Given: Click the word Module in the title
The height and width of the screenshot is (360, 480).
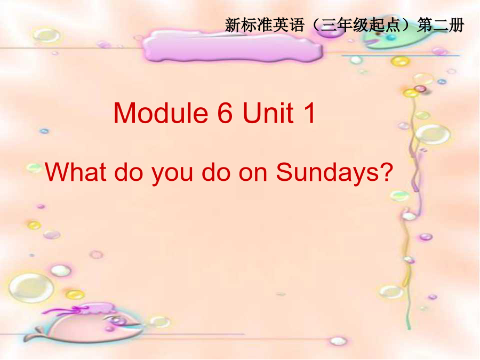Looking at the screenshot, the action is point(161,113).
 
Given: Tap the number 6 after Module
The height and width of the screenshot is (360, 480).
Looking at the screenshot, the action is point(225,113).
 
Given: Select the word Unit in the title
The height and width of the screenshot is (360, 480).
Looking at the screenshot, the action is point(268,113).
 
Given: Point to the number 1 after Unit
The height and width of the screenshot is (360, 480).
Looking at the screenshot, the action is point(309,113).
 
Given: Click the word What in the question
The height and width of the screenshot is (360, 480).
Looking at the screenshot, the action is point(76,172).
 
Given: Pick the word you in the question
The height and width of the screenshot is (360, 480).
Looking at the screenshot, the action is point(172,174).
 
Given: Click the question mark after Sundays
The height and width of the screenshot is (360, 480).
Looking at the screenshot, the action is point(387,171).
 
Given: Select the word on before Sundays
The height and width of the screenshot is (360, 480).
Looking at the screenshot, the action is point(253,174).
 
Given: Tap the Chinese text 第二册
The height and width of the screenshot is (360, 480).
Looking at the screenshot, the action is point(441,25).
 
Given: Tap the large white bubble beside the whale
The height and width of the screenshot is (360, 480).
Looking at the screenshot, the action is point(31,288).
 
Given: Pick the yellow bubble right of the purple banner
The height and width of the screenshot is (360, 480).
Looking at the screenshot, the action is point(400,61).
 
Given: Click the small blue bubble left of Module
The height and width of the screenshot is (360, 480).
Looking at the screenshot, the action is point(44,131).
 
